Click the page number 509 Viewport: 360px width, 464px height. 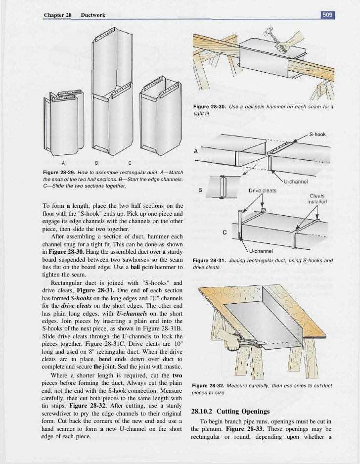328,15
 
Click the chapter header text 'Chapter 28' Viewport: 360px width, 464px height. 58,15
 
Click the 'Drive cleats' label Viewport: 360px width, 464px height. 262,190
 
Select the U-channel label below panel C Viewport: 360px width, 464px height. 261,251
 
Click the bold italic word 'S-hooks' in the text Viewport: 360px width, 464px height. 87,300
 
